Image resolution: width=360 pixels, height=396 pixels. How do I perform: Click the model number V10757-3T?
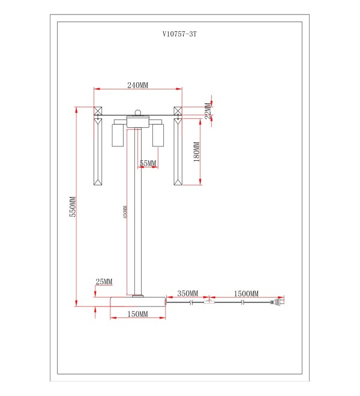click(x=179, y=34)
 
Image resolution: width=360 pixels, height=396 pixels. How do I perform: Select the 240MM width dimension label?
click(x=137, y=85)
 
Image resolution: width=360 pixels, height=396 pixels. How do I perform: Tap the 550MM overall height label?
click(x=73, y=206)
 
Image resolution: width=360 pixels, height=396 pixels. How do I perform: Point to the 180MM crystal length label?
click(x=197, y=152)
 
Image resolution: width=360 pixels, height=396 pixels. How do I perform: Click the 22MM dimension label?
click(x=208, y=110)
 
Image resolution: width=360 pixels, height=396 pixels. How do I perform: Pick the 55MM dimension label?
click(x=148, y=163)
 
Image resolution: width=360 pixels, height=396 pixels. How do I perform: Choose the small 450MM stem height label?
click(x=125, y=212)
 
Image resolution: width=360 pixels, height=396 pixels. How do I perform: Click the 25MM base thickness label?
click(x=104, y=281)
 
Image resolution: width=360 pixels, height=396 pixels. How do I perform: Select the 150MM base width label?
click(x=137, y=314)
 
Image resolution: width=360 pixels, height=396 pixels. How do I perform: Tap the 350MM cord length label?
click(x=187, y=293)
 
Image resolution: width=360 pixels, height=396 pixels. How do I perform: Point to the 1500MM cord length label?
click(x=246, y=294)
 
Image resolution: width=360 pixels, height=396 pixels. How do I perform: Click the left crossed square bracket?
click(x=98, y=111)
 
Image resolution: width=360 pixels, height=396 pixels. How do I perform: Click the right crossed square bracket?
click(x=178, y=111)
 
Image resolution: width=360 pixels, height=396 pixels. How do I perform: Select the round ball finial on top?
click(x=137, y=113)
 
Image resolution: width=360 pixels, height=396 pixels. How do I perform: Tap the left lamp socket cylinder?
click(x=118, y=135)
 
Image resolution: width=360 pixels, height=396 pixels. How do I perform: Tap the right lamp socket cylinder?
click(x=158, y=135)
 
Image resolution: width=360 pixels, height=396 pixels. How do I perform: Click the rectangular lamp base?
click(x=138, y=302)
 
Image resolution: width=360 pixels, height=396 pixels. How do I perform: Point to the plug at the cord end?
click(x=277, y=302)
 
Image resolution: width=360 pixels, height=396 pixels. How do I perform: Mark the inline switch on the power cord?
click(x=209, y=302)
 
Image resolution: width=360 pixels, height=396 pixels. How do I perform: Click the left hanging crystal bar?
click(x=98, y=152)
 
